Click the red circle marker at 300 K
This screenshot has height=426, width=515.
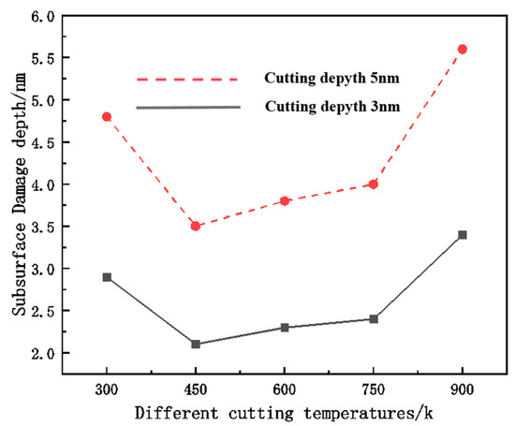coord(107,117)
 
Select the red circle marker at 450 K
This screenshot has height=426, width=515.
coord(196,226)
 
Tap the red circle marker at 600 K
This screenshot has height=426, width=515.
coord(285,200)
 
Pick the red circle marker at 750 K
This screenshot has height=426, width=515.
coord(374,184)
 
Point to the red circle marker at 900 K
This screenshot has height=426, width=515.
coord(463,50)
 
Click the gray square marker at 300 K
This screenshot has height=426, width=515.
coord(107,277)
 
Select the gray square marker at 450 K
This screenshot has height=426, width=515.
coord(196,344)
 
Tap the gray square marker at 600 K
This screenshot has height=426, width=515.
coord(285,328)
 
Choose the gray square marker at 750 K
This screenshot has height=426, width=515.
coord(374,319)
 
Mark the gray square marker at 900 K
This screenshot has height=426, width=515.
coord(463,235)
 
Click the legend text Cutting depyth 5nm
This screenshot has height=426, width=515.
coord(331,79)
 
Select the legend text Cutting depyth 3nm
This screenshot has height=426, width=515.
coord(332,107)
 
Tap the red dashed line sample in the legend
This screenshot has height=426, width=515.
coord(187,80)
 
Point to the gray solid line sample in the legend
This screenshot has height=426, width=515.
coord(188,108)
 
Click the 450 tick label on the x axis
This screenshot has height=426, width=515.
coord(196,389)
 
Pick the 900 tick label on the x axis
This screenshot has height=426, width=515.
coord(463,389)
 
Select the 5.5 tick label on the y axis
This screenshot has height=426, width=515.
coord(43,58)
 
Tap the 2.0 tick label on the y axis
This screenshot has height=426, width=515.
coord(43,354)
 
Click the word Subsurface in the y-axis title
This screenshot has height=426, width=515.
coord(19,269)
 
